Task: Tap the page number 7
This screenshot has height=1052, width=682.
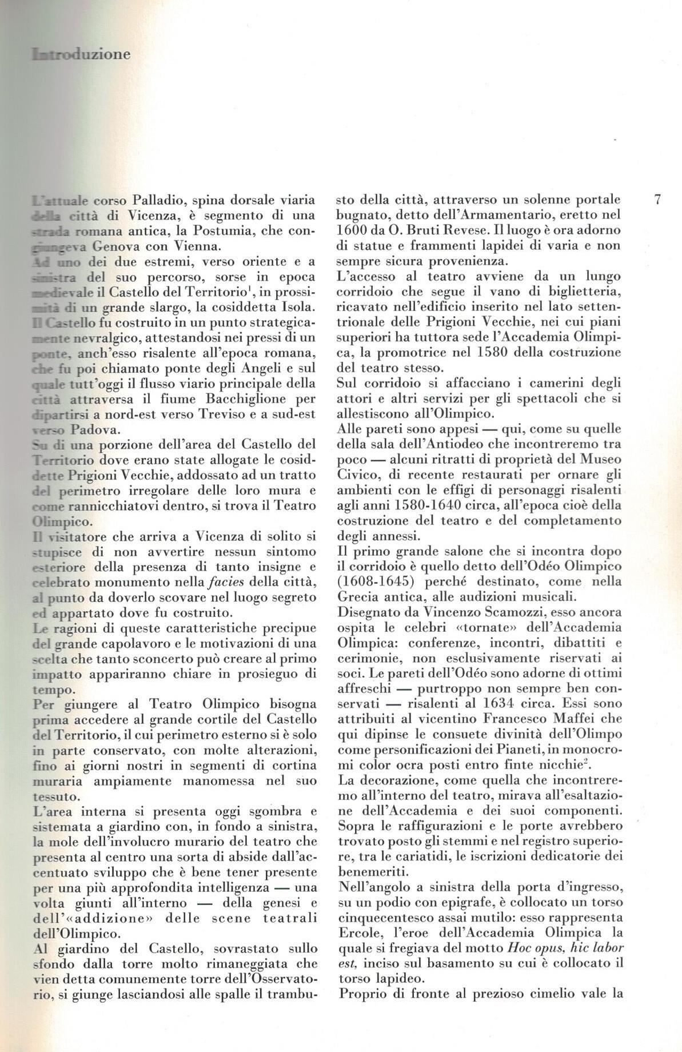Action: (657, 200)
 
